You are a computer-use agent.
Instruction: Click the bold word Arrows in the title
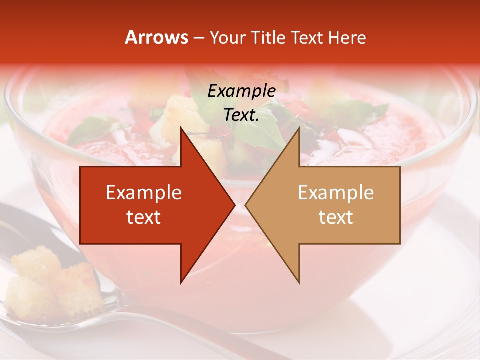157,38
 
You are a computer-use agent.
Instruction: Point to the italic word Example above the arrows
241,91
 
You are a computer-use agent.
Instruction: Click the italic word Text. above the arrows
241,115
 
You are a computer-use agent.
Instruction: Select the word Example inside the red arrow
144,192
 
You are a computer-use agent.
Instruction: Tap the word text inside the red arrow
144,217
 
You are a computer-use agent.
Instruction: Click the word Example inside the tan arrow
336,192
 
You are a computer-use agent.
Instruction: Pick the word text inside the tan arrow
336,217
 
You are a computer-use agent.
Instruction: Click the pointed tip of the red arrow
235,205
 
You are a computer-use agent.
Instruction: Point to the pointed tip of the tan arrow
245,205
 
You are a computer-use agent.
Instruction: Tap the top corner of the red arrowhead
181,128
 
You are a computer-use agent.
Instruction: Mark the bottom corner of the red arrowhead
181,283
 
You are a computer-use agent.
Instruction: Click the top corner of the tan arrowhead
299,128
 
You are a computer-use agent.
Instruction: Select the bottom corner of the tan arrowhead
299,283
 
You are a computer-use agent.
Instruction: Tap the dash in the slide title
199,38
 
